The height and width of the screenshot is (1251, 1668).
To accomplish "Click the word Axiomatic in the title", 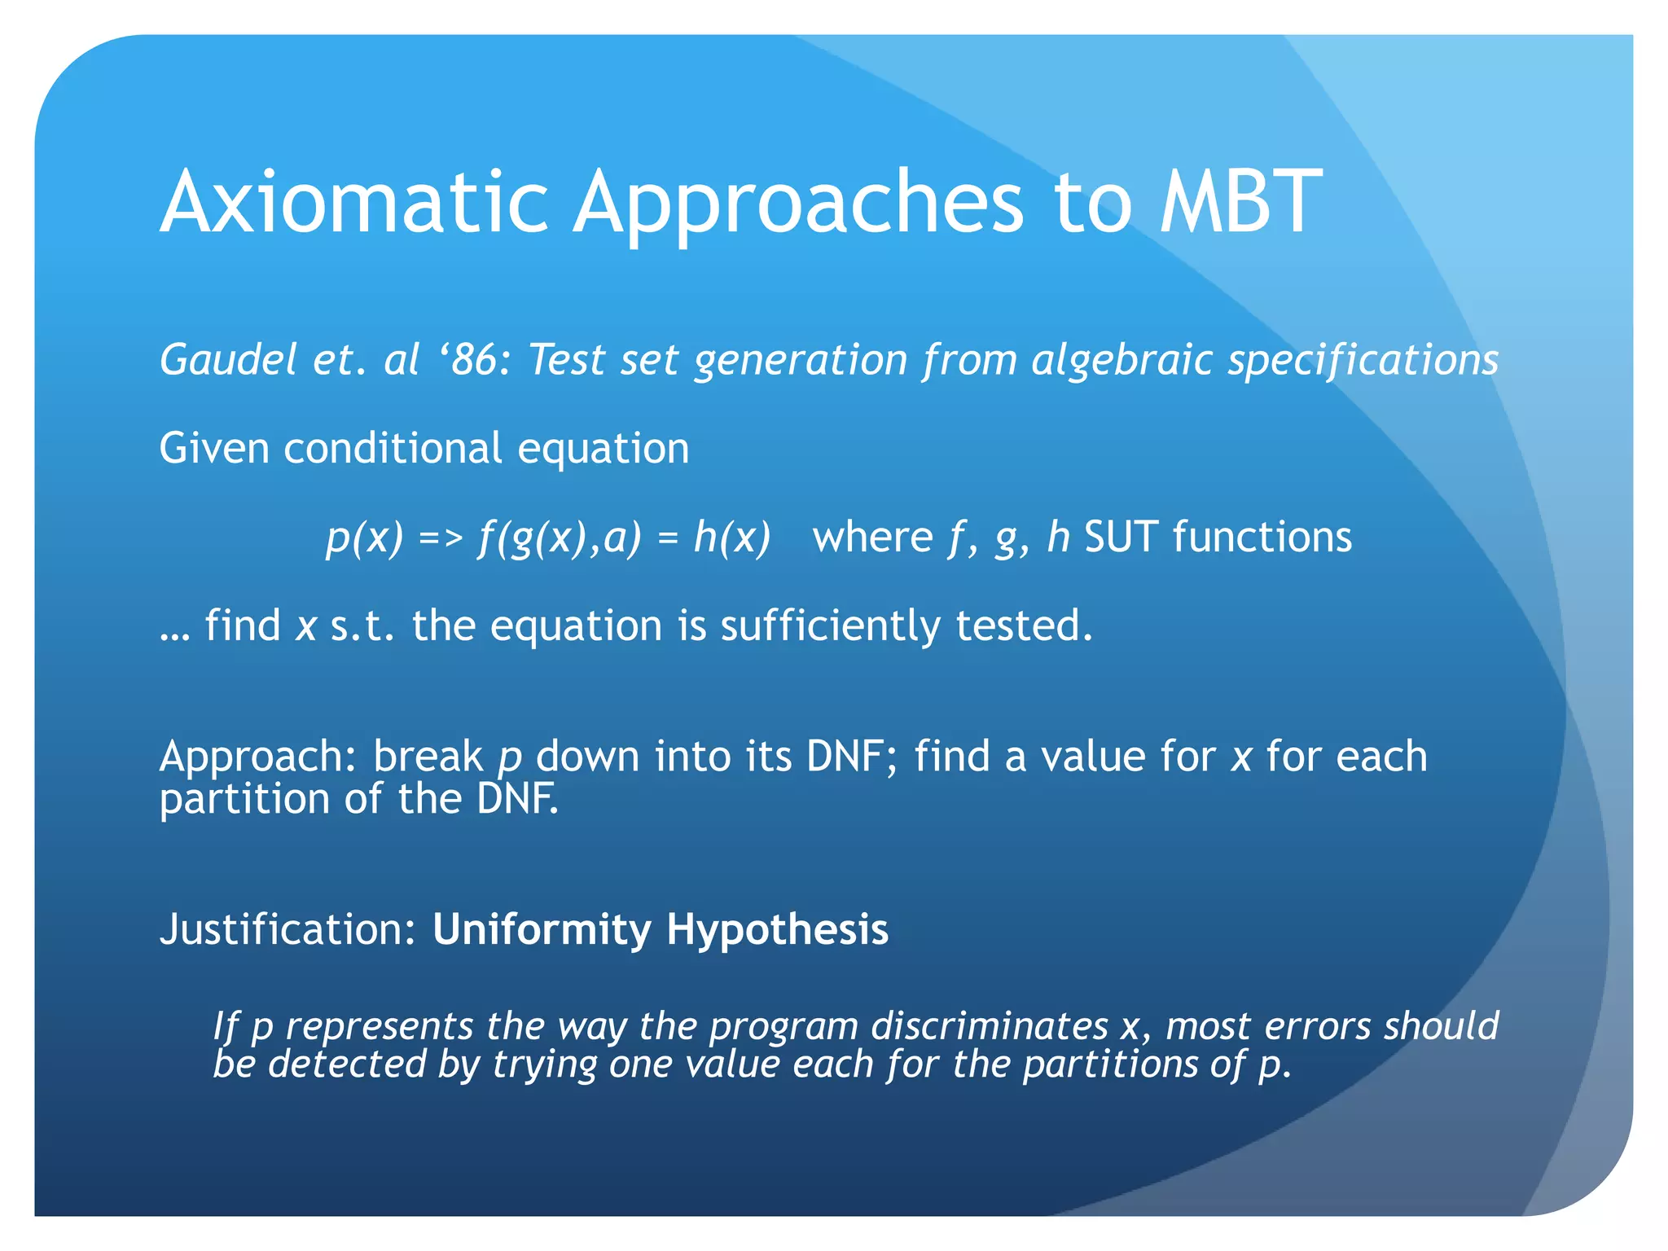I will click(354, 202).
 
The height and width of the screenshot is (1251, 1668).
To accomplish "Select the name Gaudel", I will click(227, 359).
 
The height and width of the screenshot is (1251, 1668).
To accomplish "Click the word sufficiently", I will click(830, 626).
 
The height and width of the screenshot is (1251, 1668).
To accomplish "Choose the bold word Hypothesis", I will click(777, 929).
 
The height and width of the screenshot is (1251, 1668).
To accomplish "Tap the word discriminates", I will click(990, 1026).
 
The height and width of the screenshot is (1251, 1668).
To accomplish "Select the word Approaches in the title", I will click(797, 202).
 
